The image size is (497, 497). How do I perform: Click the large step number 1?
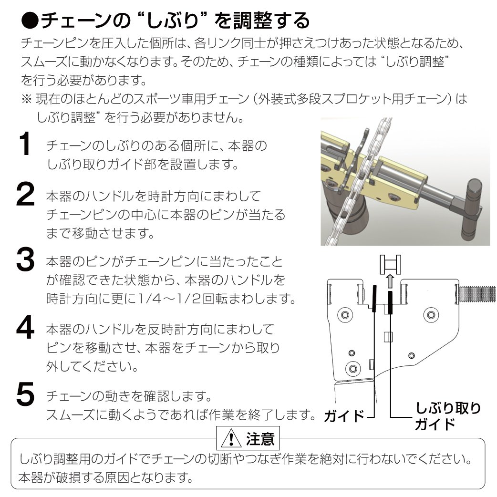point(25,144)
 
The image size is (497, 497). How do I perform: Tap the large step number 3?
point(25,259)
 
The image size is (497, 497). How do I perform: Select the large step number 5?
point(25,393)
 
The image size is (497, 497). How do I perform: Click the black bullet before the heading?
point(30,21)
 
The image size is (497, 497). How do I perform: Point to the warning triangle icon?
point(231,438)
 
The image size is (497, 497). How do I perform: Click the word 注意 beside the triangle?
point(260,439)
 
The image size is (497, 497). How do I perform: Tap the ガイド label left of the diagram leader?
point(344,416)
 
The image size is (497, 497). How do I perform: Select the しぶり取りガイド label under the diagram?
point(447,416)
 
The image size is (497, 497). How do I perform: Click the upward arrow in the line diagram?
point(390,281)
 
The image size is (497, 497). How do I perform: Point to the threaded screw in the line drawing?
point(477,295)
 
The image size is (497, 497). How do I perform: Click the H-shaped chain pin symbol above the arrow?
point(390,264)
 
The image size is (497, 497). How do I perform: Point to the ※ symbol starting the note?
point(27,99)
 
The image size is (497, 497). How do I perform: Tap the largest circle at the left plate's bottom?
point(353,368)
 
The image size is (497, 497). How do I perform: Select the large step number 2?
point(25,194)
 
